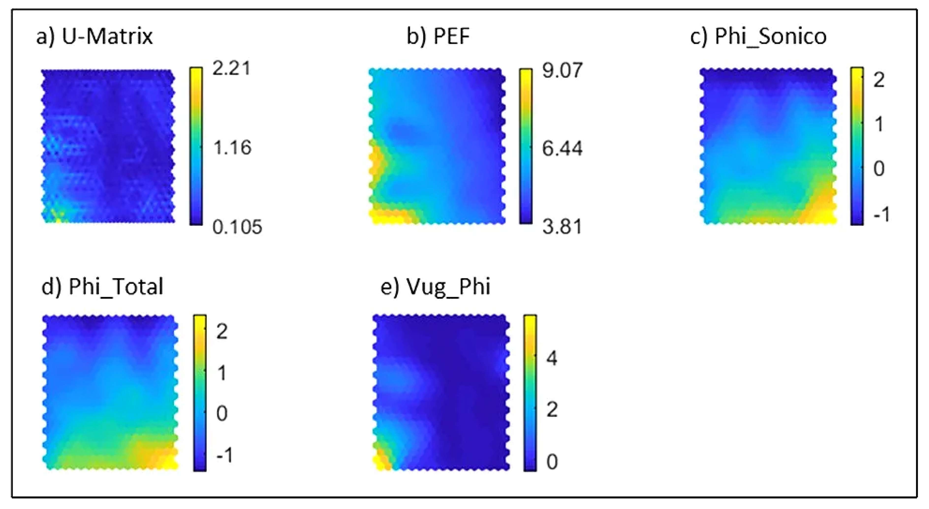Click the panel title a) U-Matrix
coord(94,36)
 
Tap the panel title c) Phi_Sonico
coord(758,36)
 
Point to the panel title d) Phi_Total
coord(102,287)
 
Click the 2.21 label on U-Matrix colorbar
coord(231,68)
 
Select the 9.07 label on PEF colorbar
coord(562,70)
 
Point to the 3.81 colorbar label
coord(562,227)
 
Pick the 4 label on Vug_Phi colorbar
coord(552,359)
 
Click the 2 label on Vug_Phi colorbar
coord(552,410)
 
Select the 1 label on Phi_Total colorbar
coord(222,373)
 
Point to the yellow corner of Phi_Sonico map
coord(826,215)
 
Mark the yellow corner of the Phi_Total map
coord(168,462)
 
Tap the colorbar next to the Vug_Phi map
coord(530,393)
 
